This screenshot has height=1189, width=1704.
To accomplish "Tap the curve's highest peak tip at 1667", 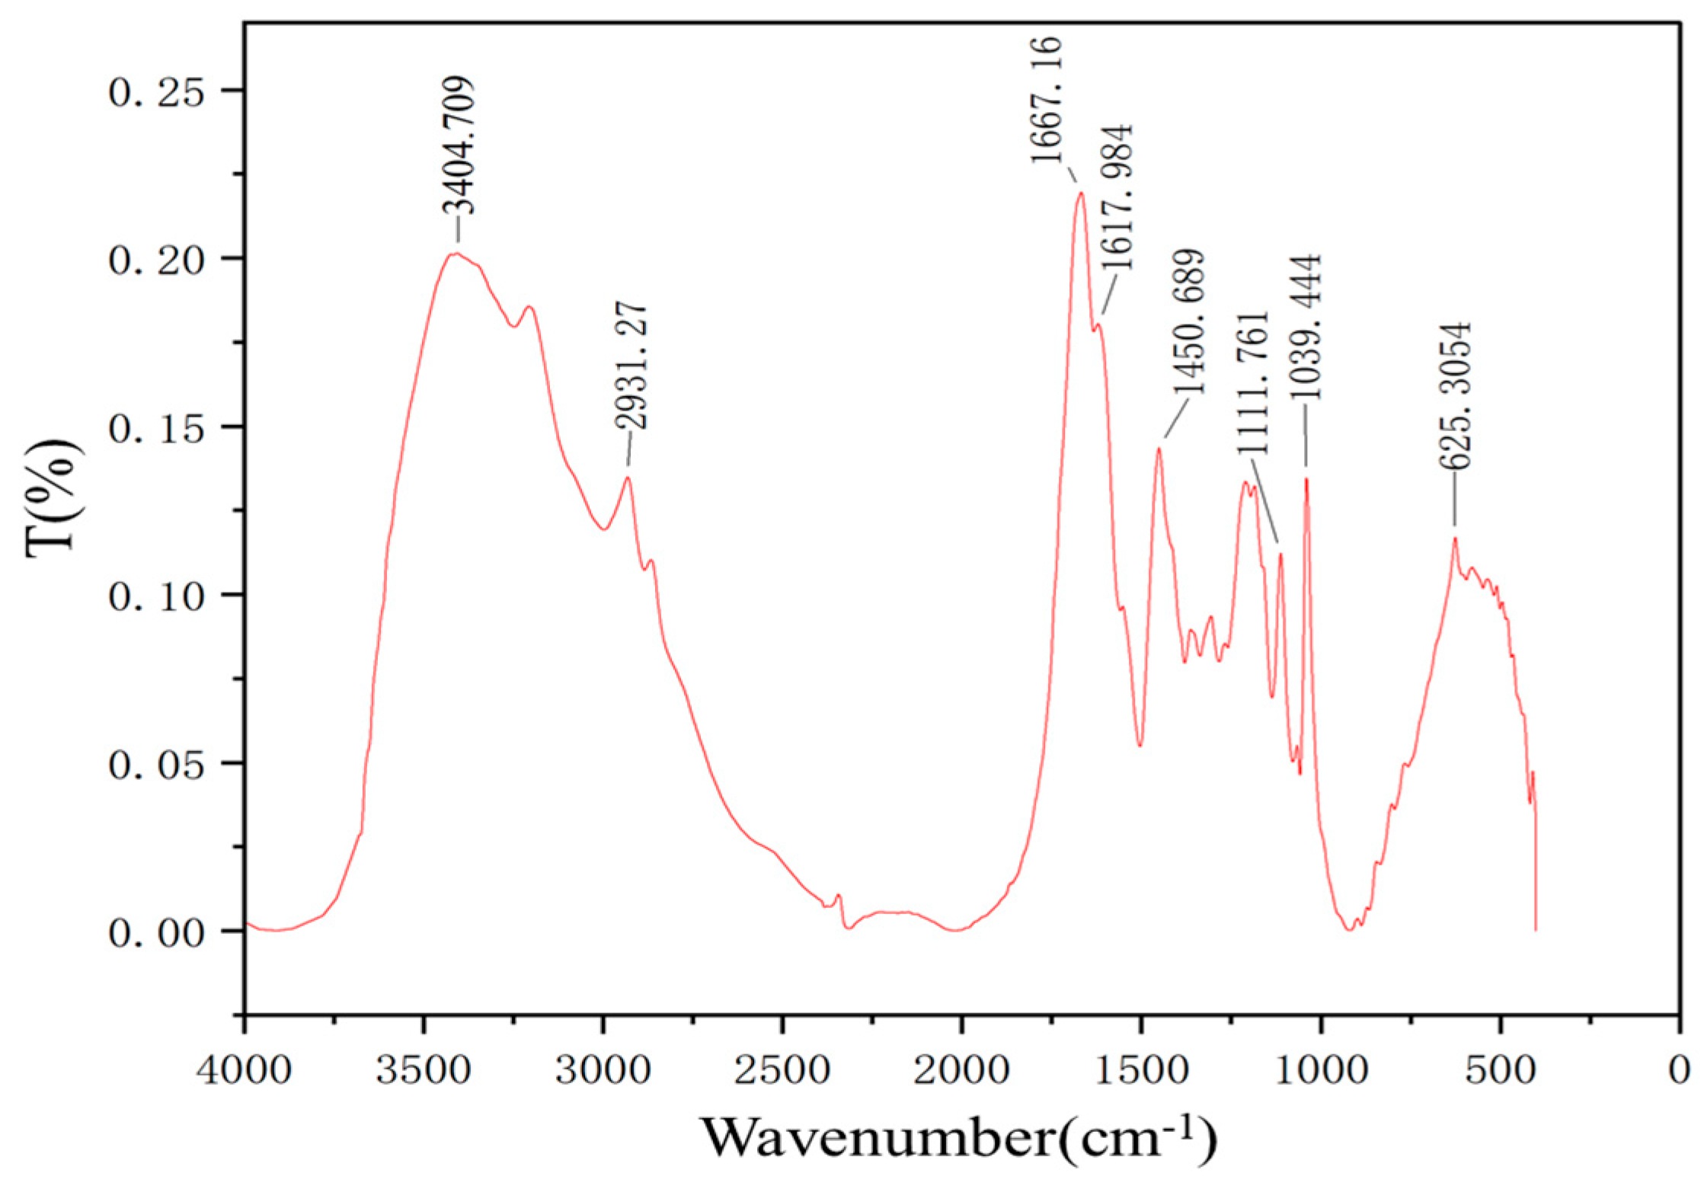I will [x=1080, y=193].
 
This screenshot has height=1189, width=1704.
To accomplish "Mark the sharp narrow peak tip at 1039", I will [x=1306, y=479].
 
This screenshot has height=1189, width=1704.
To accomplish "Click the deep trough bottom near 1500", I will [x=1140, y=745].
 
